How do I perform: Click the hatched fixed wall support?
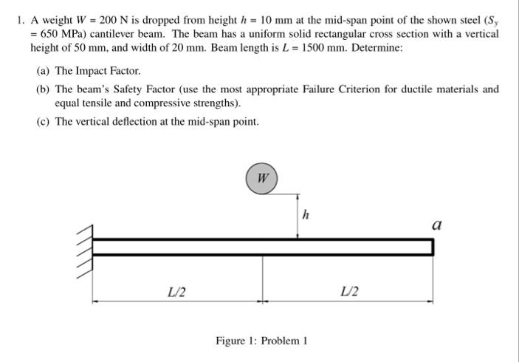[86, 246]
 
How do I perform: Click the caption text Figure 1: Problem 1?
[261, 341]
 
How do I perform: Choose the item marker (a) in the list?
[44, 72]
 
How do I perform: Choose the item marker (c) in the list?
[44, 121]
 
